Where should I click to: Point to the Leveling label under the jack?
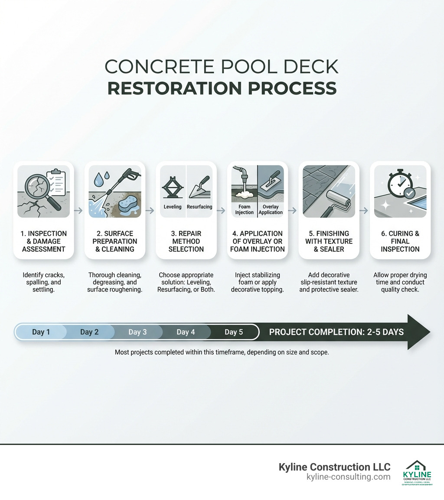[173, 207]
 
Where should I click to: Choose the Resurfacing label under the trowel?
[199, 207]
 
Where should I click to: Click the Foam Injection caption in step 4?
[244, 210]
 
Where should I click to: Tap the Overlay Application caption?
[271, 210]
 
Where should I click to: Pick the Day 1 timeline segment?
[41, 332]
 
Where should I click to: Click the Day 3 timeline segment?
[137, 332]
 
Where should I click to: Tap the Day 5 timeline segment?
[234, 332]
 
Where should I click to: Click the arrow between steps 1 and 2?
[79, 211]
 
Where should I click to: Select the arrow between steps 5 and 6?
[364, 211]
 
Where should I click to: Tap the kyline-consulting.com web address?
[348, 477]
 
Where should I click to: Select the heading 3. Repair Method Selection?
[186, 241]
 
